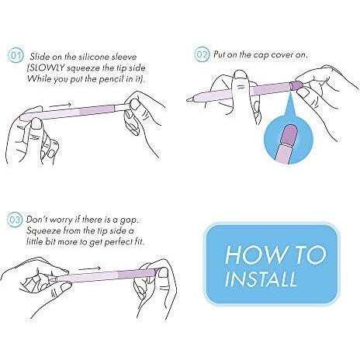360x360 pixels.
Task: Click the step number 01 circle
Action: [16, 57]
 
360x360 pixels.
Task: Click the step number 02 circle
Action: [202, 54]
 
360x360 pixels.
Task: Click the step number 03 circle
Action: [15, 220]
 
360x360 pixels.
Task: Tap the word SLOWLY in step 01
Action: [46, 68]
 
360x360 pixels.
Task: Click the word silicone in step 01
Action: [95, 57]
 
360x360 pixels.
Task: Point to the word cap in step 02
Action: [261, 56]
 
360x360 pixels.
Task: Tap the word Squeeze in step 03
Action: [43, 231]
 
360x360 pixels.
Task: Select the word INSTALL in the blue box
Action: [261, 279]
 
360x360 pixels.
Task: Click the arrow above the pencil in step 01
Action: [61, 105]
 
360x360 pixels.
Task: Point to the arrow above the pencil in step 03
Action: [90, 268]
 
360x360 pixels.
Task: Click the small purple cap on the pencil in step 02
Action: [296, 85]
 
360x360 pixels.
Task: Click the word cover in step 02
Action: [282, 55]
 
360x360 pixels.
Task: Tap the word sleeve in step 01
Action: [124, 57]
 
